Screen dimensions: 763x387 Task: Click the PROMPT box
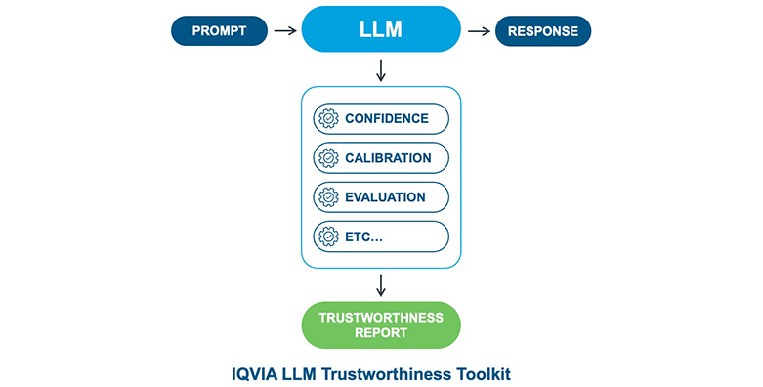[219, 30]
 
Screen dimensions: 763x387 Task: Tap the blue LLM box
[381, 29]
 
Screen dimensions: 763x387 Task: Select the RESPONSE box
[543, 31]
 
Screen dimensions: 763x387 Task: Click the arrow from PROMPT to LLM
[285, 30]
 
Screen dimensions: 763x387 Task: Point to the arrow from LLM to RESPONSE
[479, 31]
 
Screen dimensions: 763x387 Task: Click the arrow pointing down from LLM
[381, 70]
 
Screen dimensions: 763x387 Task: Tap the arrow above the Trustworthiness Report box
[381, 285]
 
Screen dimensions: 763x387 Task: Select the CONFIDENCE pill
[381, 118]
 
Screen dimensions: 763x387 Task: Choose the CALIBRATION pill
[381, 157]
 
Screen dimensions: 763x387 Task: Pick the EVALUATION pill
[381, 197]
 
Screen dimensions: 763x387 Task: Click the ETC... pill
[381, 236]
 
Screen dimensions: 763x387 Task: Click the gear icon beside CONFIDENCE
[328, 118]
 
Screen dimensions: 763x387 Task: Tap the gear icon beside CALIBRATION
[328, 157]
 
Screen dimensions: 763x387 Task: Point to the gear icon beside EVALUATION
[328, 197]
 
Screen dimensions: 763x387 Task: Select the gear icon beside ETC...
[328, 236]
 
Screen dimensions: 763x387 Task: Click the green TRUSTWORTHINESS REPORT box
[381, 325]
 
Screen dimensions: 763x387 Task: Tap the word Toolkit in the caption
[484, 374]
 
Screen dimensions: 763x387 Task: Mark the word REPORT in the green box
[381, 333]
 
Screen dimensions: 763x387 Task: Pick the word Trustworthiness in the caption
[386, 374]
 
